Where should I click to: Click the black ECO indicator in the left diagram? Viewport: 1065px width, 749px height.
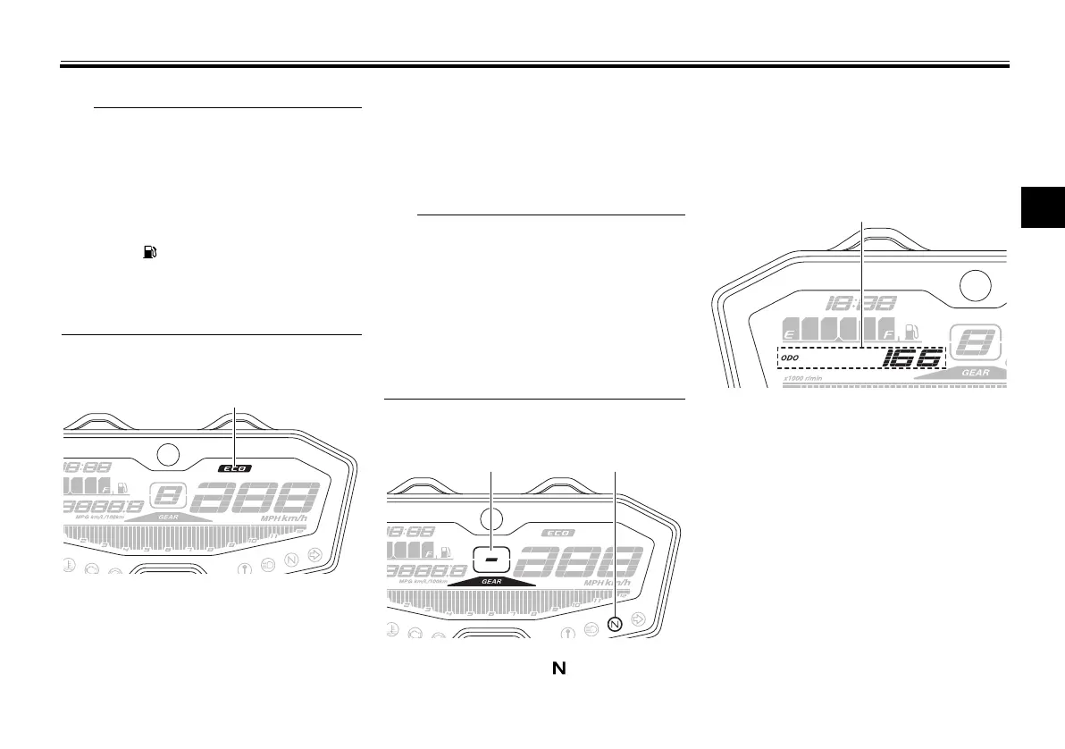tap(234, 467)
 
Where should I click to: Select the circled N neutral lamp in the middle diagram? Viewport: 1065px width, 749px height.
tap(614, 624)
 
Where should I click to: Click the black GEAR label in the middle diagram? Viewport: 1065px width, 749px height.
tap(491, 581)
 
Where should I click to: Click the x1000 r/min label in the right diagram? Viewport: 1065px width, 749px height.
tap(803, 378)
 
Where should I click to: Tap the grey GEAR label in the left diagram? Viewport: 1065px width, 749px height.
tap(169, 517)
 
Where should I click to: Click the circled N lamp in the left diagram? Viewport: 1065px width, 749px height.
tap(291, 560)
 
